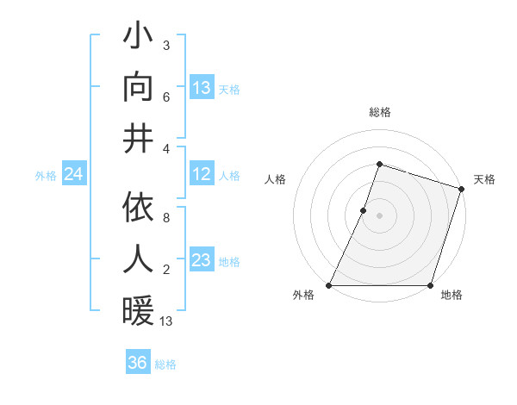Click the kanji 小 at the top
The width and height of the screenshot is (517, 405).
[x=138, y=36]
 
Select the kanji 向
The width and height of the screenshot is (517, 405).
[x=138, y=87]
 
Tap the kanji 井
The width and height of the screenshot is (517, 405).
[x=138, y=138]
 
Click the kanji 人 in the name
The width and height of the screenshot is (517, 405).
[x=138, y=259]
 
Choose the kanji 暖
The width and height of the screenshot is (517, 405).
[x=138, y=310]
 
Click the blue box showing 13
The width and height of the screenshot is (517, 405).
[x=202, y=87]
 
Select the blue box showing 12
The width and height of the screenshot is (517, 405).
[x=202, y=175]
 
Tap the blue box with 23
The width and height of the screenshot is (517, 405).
[x=202, y=260]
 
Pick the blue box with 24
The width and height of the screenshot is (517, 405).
[x=73, y=175]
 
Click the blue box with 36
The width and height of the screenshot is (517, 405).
[x=138, y=363]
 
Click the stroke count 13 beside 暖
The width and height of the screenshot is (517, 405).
[x=166, y=321]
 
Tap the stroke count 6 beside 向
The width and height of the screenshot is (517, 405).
[x=166, y=97]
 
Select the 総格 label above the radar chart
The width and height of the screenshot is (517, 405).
[x=379, y=112]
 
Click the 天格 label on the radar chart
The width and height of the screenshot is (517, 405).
[x=484, y=179]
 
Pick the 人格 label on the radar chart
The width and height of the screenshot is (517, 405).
[x=276, y=179]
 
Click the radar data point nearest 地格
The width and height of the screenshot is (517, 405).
[x=430, y=285]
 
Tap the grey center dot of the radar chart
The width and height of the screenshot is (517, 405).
[x=379, y=215]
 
